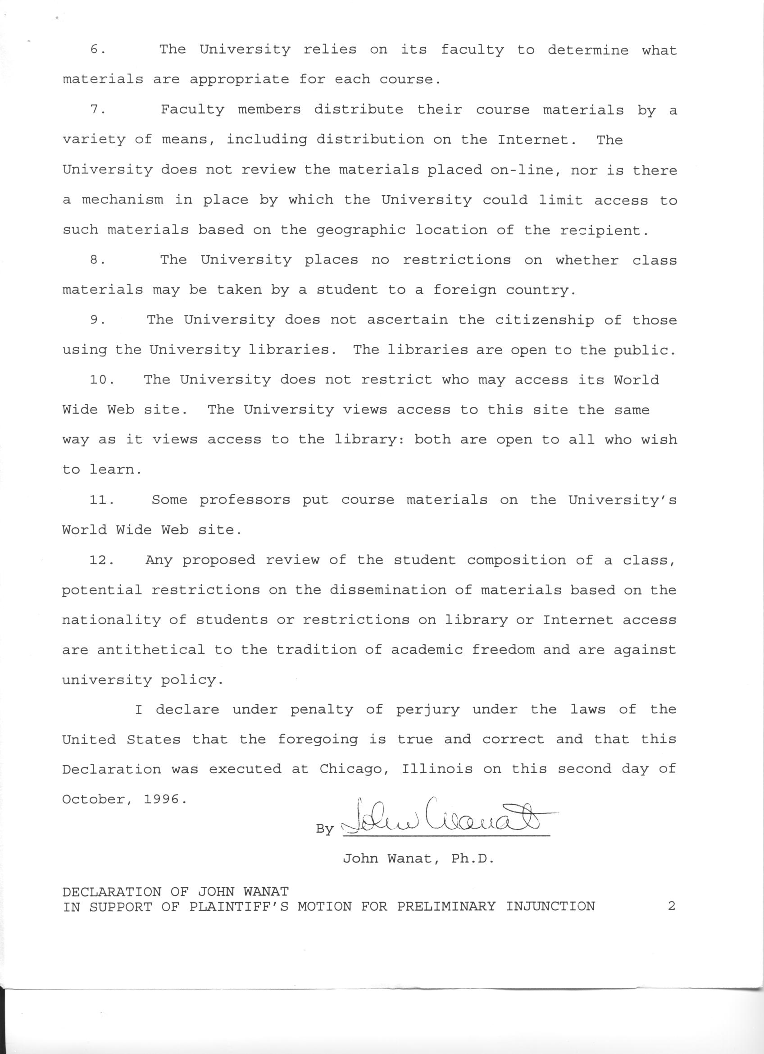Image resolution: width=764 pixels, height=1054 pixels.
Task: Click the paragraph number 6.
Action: click(96, 50)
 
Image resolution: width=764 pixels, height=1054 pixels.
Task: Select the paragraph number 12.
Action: click(101, 560)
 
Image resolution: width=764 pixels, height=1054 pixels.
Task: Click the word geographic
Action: click(360, 230)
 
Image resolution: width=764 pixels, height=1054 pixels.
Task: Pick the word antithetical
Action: click(150, 650)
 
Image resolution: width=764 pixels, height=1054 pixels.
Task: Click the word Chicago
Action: click(355, 770)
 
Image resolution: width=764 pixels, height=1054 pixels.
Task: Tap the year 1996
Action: click(161, 799)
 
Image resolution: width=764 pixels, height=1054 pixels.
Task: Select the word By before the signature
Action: click(325, 829)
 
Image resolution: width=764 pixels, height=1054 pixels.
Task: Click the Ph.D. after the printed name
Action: click(472, 859)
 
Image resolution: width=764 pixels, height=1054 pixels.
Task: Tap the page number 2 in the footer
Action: click(671, 906)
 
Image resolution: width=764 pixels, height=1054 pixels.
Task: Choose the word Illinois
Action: click(437, 770)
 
